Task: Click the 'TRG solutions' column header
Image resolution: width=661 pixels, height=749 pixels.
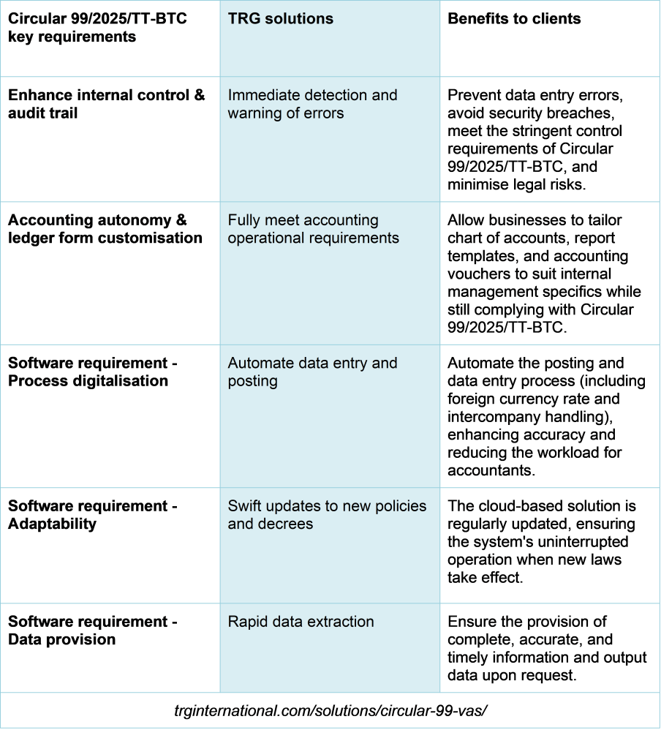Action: click(280, 18)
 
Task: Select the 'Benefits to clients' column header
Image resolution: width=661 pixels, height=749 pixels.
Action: click(514, 18)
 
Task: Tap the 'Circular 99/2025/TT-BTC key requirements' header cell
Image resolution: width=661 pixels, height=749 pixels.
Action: click(97, 28)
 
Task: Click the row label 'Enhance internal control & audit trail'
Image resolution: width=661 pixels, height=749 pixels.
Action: click(107, 104)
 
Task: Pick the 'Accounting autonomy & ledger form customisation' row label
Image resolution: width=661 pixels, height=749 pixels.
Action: click(105, 229)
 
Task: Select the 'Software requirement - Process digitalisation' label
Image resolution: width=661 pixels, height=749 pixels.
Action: click(93, 372)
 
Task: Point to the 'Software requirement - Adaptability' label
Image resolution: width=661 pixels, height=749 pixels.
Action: click(93, 515)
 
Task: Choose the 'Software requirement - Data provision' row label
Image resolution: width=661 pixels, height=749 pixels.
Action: click(93, 631)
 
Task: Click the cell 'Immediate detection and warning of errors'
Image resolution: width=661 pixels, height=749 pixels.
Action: click(312, 104)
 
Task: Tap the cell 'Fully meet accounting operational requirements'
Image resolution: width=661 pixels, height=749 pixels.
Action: click(313, 229)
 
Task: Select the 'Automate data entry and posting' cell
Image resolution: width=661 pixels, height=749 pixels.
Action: click(312, 372)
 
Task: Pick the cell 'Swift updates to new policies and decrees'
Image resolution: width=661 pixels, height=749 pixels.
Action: click(327, 515)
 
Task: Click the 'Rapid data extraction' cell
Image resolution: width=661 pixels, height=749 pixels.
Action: click(301, 622)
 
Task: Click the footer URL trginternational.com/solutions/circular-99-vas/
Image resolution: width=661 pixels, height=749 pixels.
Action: click(330, 711)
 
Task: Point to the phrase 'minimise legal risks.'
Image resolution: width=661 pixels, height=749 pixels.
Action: click(517, 184)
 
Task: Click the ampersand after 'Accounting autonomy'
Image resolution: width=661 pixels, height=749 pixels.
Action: click(181, 220)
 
